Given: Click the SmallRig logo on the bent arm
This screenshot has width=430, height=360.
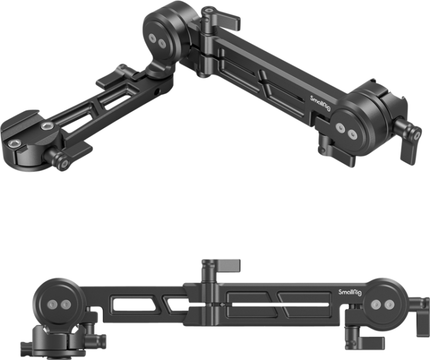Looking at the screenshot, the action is point(320,103).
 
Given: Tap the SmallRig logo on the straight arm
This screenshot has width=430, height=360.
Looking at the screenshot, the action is point(350,292).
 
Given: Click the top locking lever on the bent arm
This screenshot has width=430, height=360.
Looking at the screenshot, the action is point(221,18).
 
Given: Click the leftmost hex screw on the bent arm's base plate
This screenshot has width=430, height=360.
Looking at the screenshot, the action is point(14,143).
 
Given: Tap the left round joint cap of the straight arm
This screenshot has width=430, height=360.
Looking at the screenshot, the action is point(58,302).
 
